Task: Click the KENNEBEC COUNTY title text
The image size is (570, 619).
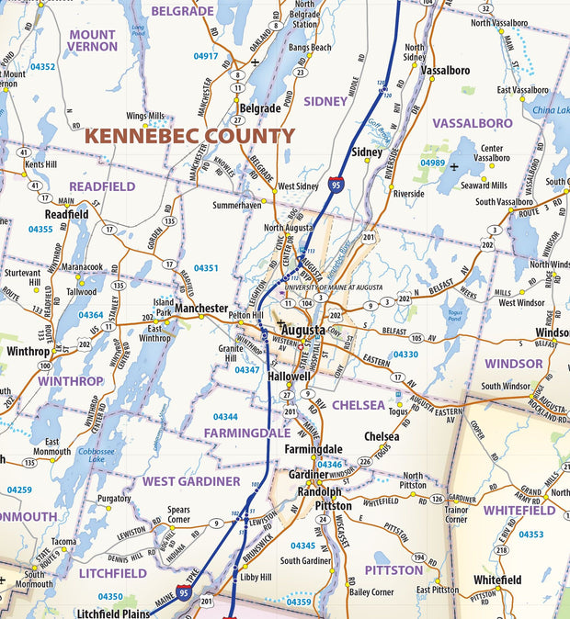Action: tap(190, 136)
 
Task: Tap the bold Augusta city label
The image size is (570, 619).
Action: tap(302, 330)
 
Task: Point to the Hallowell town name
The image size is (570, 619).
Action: tap(290, 377)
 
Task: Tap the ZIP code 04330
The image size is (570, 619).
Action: tap(405, 354)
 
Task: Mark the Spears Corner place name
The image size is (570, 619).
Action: tap(178, 514)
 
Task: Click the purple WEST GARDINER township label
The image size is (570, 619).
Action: tap(190, 480)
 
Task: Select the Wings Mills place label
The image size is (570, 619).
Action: tap(145, 116)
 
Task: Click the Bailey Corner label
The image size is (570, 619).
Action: tap(371, 592)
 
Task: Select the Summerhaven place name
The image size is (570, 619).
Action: tap(236, 205)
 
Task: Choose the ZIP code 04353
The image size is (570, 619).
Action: tap(530, 534)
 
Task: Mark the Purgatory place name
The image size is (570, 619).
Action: tap(115, 499)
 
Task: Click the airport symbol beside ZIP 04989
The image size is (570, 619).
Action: tap(454, 166)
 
